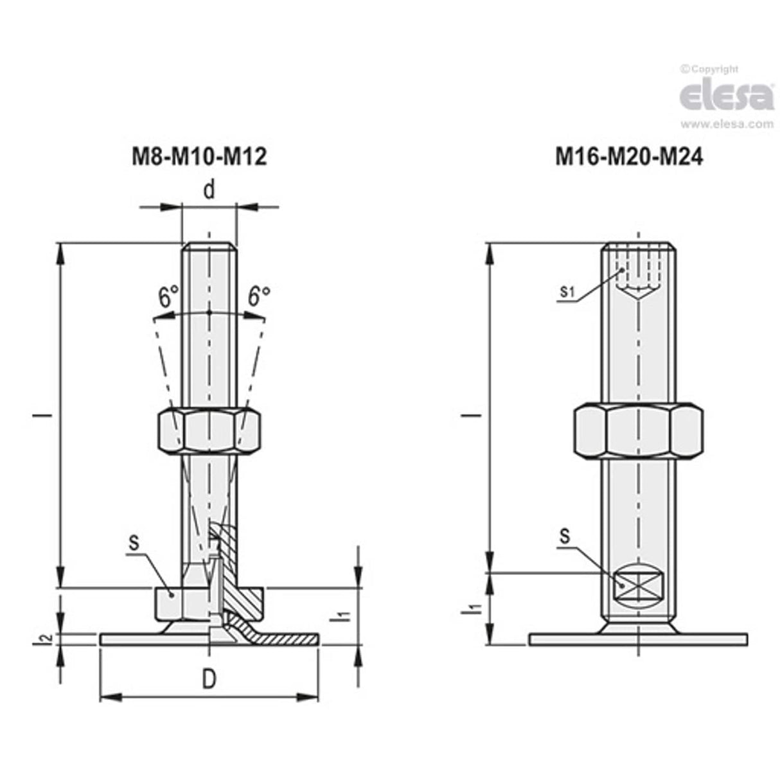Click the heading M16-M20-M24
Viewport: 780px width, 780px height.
point(629,157)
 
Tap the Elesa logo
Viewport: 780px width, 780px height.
point(726,95)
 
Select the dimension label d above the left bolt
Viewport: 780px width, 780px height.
point(209,191)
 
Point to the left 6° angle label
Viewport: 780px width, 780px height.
point(168,297)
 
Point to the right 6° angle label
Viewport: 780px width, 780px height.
point(259,297)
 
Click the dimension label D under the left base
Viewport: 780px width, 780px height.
point(209,680)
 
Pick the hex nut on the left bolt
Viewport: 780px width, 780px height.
point(209,430)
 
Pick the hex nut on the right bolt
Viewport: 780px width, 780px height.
point(637,431)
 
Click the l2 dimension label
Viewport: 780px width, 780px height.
point(43,639)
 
